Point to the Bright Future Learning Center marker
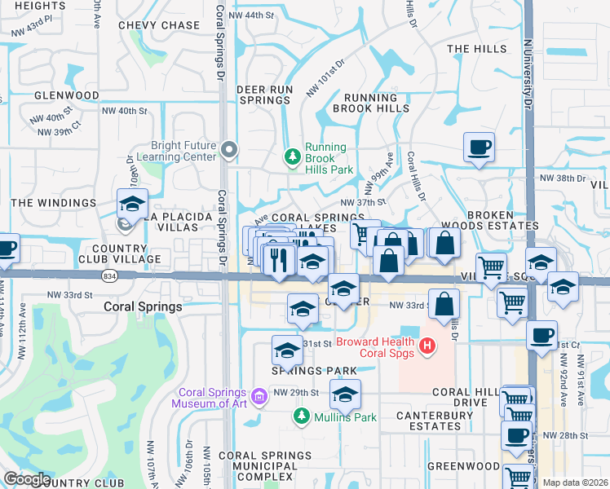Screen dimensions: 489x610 tap(229, 150)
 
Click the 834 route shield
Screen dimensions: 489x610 tap(109, 276)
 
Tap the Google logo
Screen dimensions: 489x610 tap(27, 479)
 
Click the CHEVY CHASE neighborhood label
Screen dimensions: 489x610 tap(158, 25)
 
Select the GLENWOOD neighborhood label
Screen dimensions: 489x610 tap(67, 95)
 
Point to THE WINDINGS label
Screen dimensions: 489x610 tap(54, 202)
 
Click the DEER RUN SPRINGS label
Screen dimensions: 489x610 tap(263, 94)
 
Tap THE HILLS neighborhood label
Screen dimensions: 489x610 tap(477, 49)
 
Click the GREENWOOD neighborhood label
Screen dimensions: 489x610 tap(467, 466)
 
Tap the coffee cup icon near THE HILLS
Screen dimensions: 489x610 tap(479, 148)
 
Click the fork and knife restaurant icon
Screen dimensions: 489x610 tap(280, 260)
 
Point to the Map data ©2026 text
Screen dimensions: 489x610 tap(576, 482)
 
